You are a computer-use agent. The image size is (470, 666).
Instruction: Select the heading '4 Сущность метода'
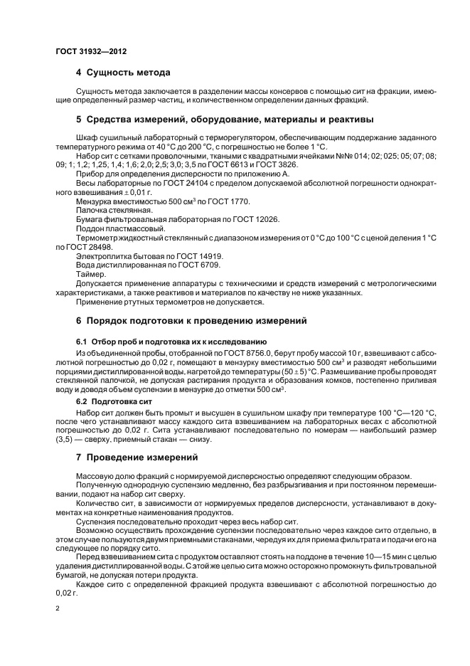coord(123,73)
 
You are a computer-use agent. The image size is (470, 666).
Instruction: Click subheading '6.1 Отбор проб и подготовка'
coord(171,342)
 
